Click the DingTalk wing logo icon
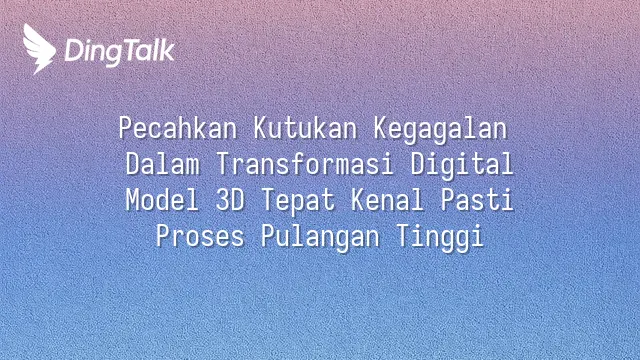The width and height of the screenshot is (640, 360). [39, 49]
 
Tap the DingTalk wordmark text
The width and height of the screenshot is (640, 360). [120, 52]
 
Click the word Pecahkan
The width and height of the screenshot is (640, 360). [178, 128]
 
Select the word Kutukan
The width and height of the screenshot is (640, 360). [305, 128]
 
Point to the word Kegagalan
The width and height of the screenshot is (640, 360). [440, 130]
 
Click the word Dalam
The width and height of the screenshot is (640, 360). [162, 164]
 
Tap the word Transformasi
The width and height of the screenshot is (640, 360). [305, 164]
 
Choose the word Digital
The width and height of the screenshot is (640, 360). [462, 166]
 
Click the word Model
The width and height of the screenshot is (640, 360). [162, 200]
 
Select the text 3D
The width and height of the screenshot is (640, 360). [230, 200]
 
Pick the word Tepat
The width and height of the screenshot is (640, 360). [298, 202]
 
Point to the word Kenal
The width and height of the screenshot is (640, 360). [387, 200]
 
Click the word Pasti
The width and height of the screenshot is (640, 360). [477, 200]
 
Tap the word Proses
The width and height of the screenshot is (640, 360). [200, 236]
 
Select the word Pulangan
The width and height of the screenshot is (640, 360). [320, 238]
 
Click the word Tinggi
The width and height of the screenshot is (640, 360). [440, 238]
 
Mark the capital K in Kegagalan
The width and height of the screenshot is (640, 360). [381, 128]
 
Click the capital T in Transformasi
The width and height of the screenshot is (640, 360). [223, 164]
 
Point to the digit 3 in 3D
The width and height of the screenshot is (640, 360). [222, 200]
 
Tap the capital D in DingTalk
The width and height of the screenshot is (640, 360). [74, 51]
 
